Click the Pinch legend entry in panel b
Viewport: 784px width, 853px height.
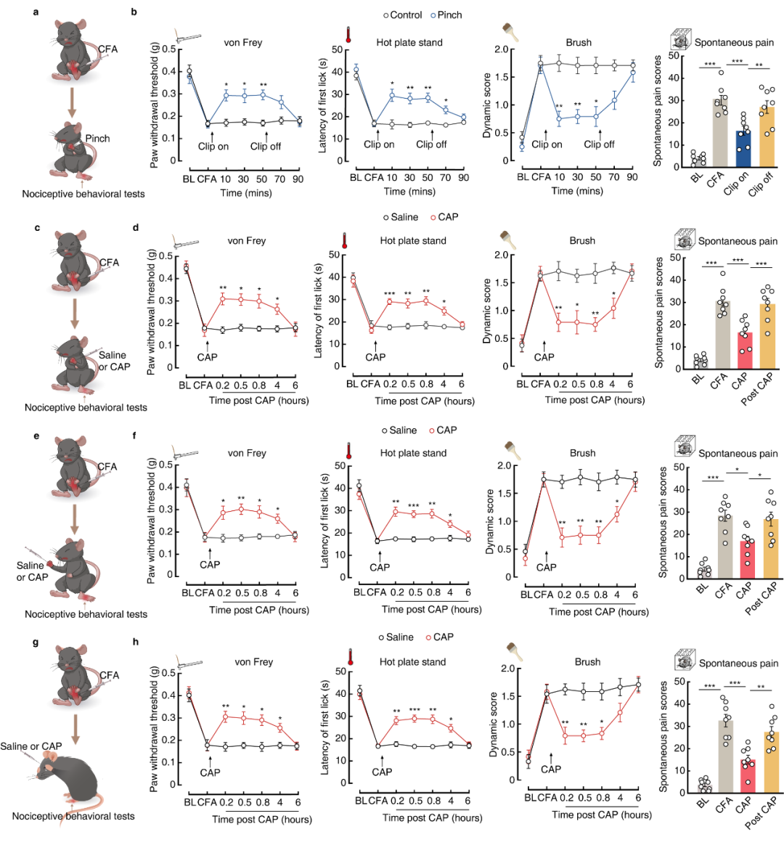(x=445, y=15)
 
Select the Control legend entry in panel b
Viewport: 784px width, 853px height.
(x=402, y=15)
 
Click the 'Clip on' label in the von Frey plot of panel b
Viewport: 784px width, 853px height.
(x=213, y=146)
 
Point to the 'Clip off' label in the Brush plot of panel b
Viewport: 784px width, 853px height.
(x=599, y=144)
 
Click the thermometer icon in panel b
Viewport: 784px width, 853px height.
(x=348, y=35)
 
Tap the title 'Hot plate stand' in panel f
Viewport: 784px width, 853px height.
(x=413, y=453)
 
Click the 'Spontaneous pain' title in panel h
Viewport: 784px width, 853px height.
(x=738, y=663)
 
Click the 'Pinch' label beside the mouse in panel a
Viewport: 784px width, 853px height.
(x=98, y=139)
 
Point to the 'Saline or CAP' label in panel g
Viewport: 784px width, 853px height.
(x=31, y=746)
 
